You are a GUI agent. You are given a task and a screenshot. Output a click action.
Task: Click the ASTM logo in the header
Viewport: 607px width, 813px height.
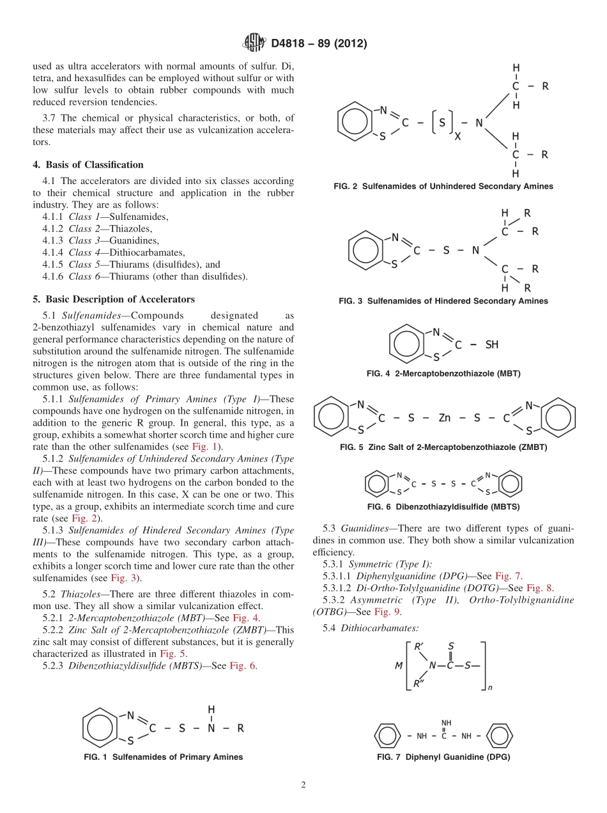254,43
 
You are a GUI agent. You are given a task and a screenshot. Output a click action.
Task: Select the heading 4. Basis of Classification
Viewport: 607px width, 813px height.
88,165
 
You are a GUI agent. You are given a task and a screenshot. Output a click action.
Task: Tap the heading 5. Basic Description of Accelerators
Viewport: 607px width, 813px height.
114,299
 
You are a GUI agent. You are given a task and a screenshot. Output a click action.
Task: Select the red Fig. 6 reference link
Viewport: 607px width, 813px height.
243,665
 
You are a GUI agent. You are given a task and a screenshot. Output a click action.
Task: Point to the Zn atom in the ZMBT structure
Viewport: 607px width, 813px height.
445,418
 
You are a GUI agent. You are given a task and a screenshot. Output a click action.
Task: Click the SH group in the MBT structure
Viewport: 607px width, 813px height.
491,345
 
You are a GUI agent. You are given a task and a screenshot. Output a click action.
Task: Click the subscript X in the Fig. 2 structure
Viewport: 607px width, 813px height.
457,137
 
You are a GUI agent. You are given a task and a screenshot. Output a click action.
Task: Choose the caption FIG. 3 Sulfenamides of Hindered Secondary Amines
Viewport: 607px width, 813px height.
443,301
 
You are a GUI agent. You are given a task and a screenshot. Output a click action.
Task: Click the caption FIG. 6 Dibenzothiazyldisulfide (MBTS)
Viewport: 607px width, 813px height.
443,507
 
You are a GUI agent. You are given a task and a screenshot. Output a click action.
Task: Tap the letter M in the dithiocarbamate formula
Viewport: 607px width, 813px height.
398,665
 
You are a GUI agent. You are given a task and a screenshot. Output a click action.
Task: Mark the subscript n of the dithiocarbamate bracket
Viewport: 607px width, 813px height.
490,689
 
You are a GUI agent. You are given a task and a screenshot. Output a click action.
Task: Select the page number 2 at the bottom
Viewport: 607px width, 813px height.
303,786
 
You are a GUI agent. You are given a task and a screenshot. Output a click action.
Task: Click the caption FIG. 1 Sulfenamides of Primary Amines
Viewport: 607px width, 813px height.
163,757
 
